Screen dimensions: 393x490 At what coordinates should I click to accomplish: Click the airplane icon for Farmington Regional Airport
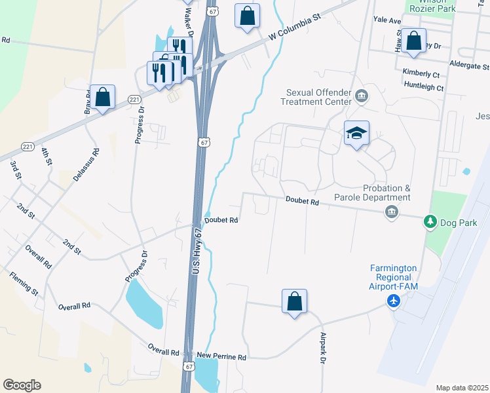coord(394,301)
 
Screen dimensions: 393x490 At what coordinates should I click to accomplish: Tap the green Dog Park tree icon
coord(430,223)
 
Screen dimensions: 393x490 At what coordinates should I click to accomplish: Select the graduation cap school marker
coord(356,134)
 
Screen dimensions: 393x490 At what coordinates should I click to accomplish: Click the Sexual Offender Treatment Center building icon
coord(361,98)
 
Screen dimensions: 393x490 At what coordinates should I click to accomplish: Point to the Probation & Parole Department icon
coord(392,212)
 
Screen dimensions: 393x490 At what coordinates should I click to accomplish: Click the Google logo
coord(22,385)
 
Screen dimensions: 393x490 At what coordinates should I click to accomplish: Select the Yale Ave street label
coord(386,21)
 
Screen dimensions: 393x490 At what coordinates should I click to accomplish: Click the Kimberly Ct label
coord(421,73)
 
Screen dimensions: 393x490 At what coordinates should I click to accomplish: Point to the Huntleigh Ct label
coord(424,87)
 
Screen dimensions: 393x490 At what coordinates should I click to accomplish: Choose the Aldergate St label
coord(469,66)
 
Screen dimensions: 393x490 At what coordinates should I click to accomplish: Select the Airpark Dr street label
coord(323,348)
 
